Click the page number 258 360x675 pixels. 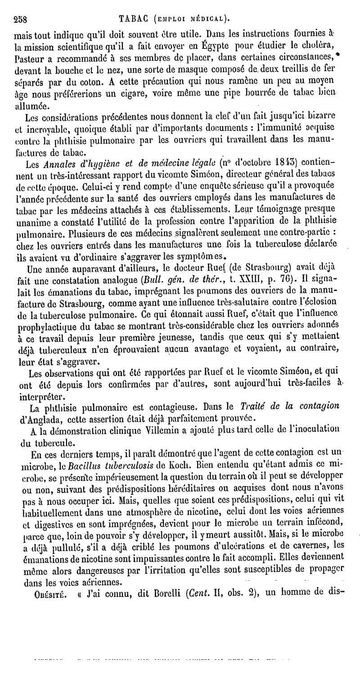point(21,19)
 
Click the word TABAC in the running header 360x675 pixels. point(134,19)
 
